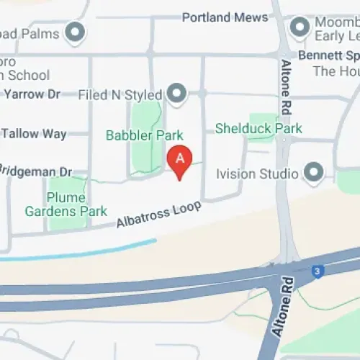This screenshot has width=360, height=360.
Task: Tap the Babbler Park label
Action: (144, 135)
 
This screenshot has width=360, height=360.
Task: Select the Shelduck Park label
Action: (258, 129)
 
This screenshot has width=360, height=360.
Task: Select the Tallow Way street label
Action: (34, 133)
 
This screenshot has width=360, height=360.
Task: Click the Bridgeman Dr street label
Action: (36, 172)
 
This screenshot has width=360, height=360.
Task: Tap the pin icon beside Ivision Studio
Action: (312, 173)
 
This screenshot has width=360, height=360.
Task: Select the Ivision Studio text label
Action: (257, 174)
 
